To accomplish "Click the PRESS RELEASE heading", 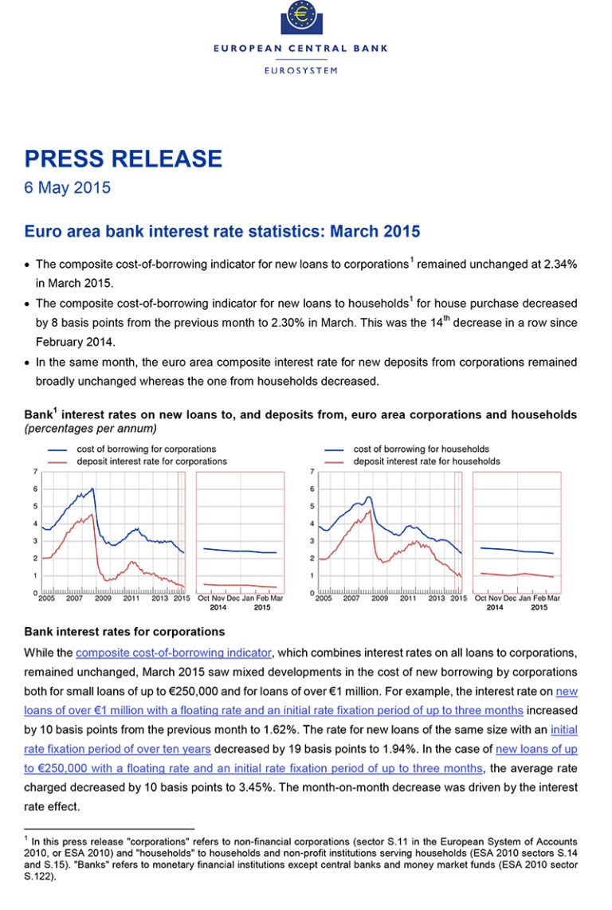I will (x=123, y=159).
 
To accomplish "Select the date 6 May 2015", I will (x=67, y=189).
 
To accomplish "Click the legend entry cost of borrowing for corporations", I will (x=147, y=449).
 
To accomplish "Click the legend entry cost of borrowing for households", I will (x=422, y=449).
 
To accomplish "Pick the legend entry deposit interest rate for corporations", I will (x=151, y=461).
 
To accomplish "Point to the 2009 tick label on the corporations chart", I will (x=104, y=598).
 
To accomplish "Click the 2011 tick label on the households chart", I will (x=408, y=598).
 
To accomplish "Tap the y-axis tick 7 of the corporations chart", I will (x=34, y=472).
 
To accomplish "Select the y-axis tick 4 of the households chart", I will (x=311, y=524).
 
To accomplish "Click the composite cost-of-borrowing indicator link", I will (x=174, y=653).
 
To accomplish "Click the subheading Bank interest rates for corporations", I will (x=124, y=632).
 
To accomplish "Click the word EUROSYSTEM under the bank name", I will (x=300, y=70).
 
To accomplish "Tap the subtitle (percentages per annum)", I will (x=90, y=429).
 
